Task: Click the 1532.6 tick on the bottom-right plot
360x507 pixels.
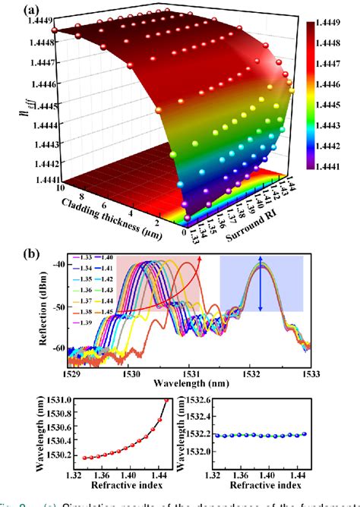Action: point(229,399)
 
